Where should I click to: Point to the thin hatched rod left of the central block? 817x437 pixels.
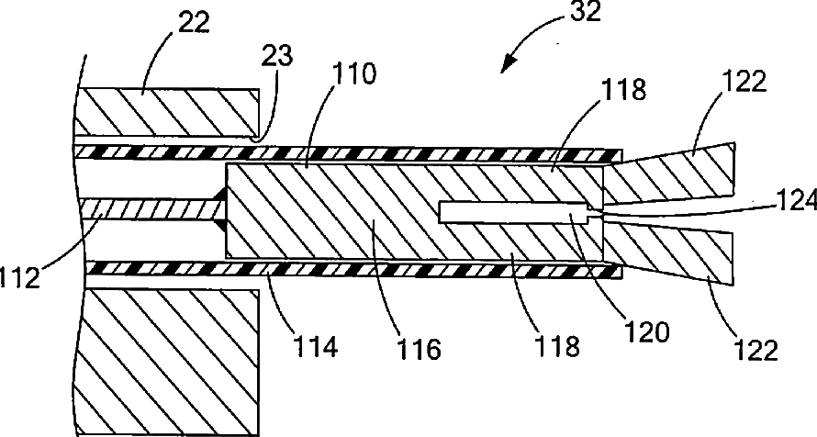[147, 210]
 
